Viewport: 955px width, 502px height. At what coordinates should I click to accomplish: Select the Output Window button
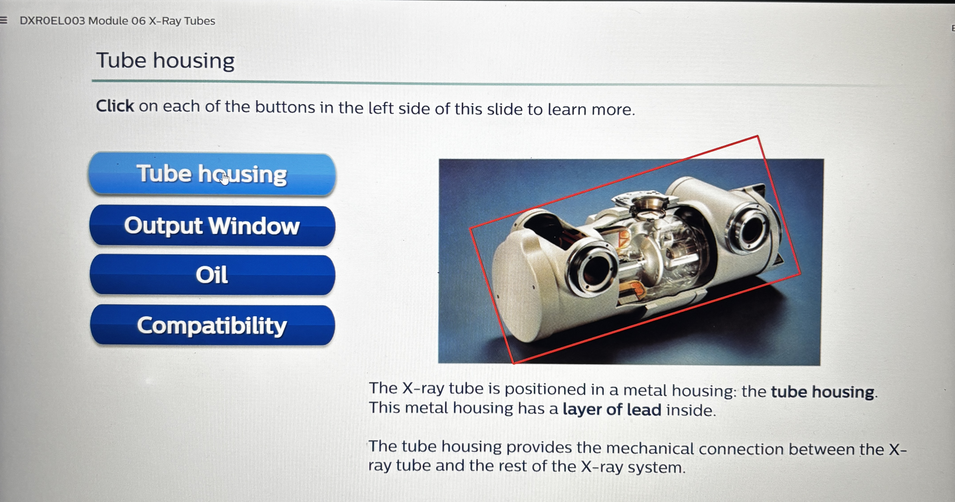click(x=212, y=225)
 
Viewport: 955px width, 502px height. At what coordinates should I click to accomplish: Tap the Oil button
click(x=212, y=275)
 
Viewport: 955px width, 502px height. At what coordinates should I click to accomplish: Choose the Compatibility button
click(x=212, y=325)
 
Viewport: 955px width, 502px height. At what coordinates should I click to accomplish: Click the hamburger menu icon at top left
click(x=4, y=20)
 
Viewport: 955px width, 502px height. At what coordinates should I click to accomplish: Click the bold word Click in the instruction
click(x=115, y=106)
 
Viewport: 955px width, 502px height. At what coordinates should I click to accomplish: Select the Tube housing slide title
click(x=165, y=60)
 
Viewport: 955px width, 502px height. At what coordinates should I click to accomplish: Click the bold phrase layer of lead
click(x=612, y=409)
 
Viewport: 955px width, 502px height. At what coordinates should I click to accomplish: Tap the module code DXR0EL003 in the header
click(x=52, y=21)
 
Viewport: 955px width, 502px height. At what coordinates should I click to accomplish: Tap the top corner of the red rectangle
click(x=757, y=136)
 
